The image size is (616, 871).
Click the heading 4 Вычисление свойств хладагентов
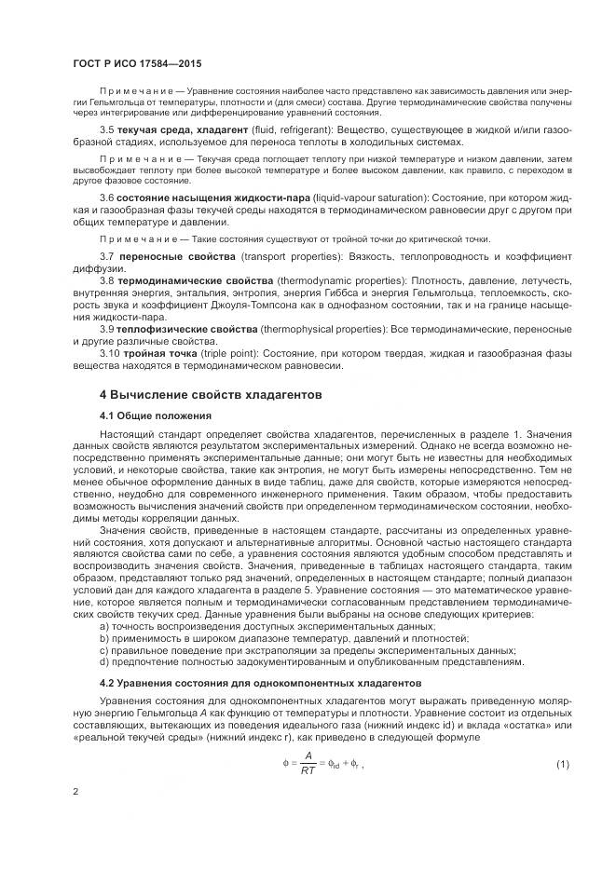pos(198,394)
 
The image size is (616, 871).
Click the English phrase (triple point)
pos(232,353)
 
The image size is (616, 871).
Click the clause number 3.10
pos(110,353)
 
